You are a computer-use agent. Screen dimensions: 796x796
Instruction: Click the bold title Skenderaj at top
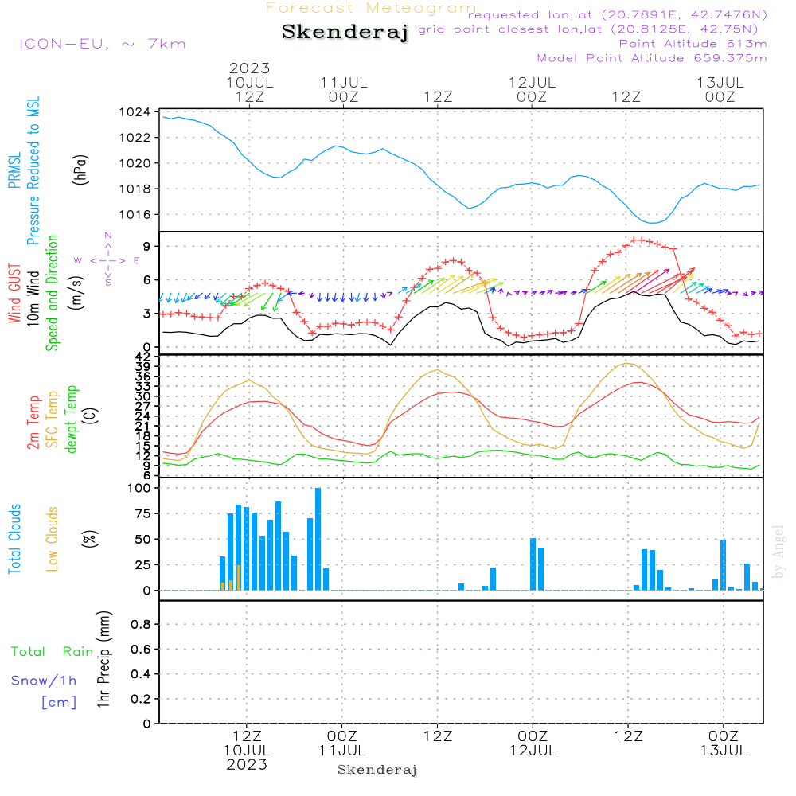click(x=345, y=32)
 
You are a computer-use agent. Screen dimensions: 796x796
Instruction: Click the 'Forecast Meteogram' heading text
click(x=371, y=8)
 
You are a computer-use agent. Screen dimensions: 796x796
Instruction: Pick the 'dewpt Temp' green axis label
click(x=72, y=419)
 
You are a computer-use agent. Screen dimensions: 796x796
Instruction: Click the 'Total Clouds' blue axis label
click(x=14, y=539)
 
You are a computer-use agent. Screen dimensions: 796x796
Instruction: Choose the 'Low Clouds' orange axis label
click(x=53, y=539)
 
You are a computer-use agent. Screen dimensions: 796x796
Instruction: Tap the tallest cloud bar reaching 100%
click(x=318, y=539)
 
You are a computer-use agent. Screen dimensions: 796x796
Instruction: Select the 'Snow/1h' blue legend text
click(x=44, y=681)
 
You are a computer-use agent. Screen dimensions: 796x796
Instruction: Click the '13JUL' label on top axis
click(x=720, y=82)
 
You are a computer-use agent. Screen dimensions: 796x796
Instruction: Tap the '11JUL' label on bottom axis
click(x=342, y=750)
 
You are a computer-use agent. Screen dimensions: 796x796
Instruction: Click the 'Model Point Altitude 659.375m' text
click(x=651, y=57)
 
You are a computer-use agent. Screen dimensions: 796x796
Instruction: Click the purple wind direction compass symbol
click(x=107, y=259)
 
